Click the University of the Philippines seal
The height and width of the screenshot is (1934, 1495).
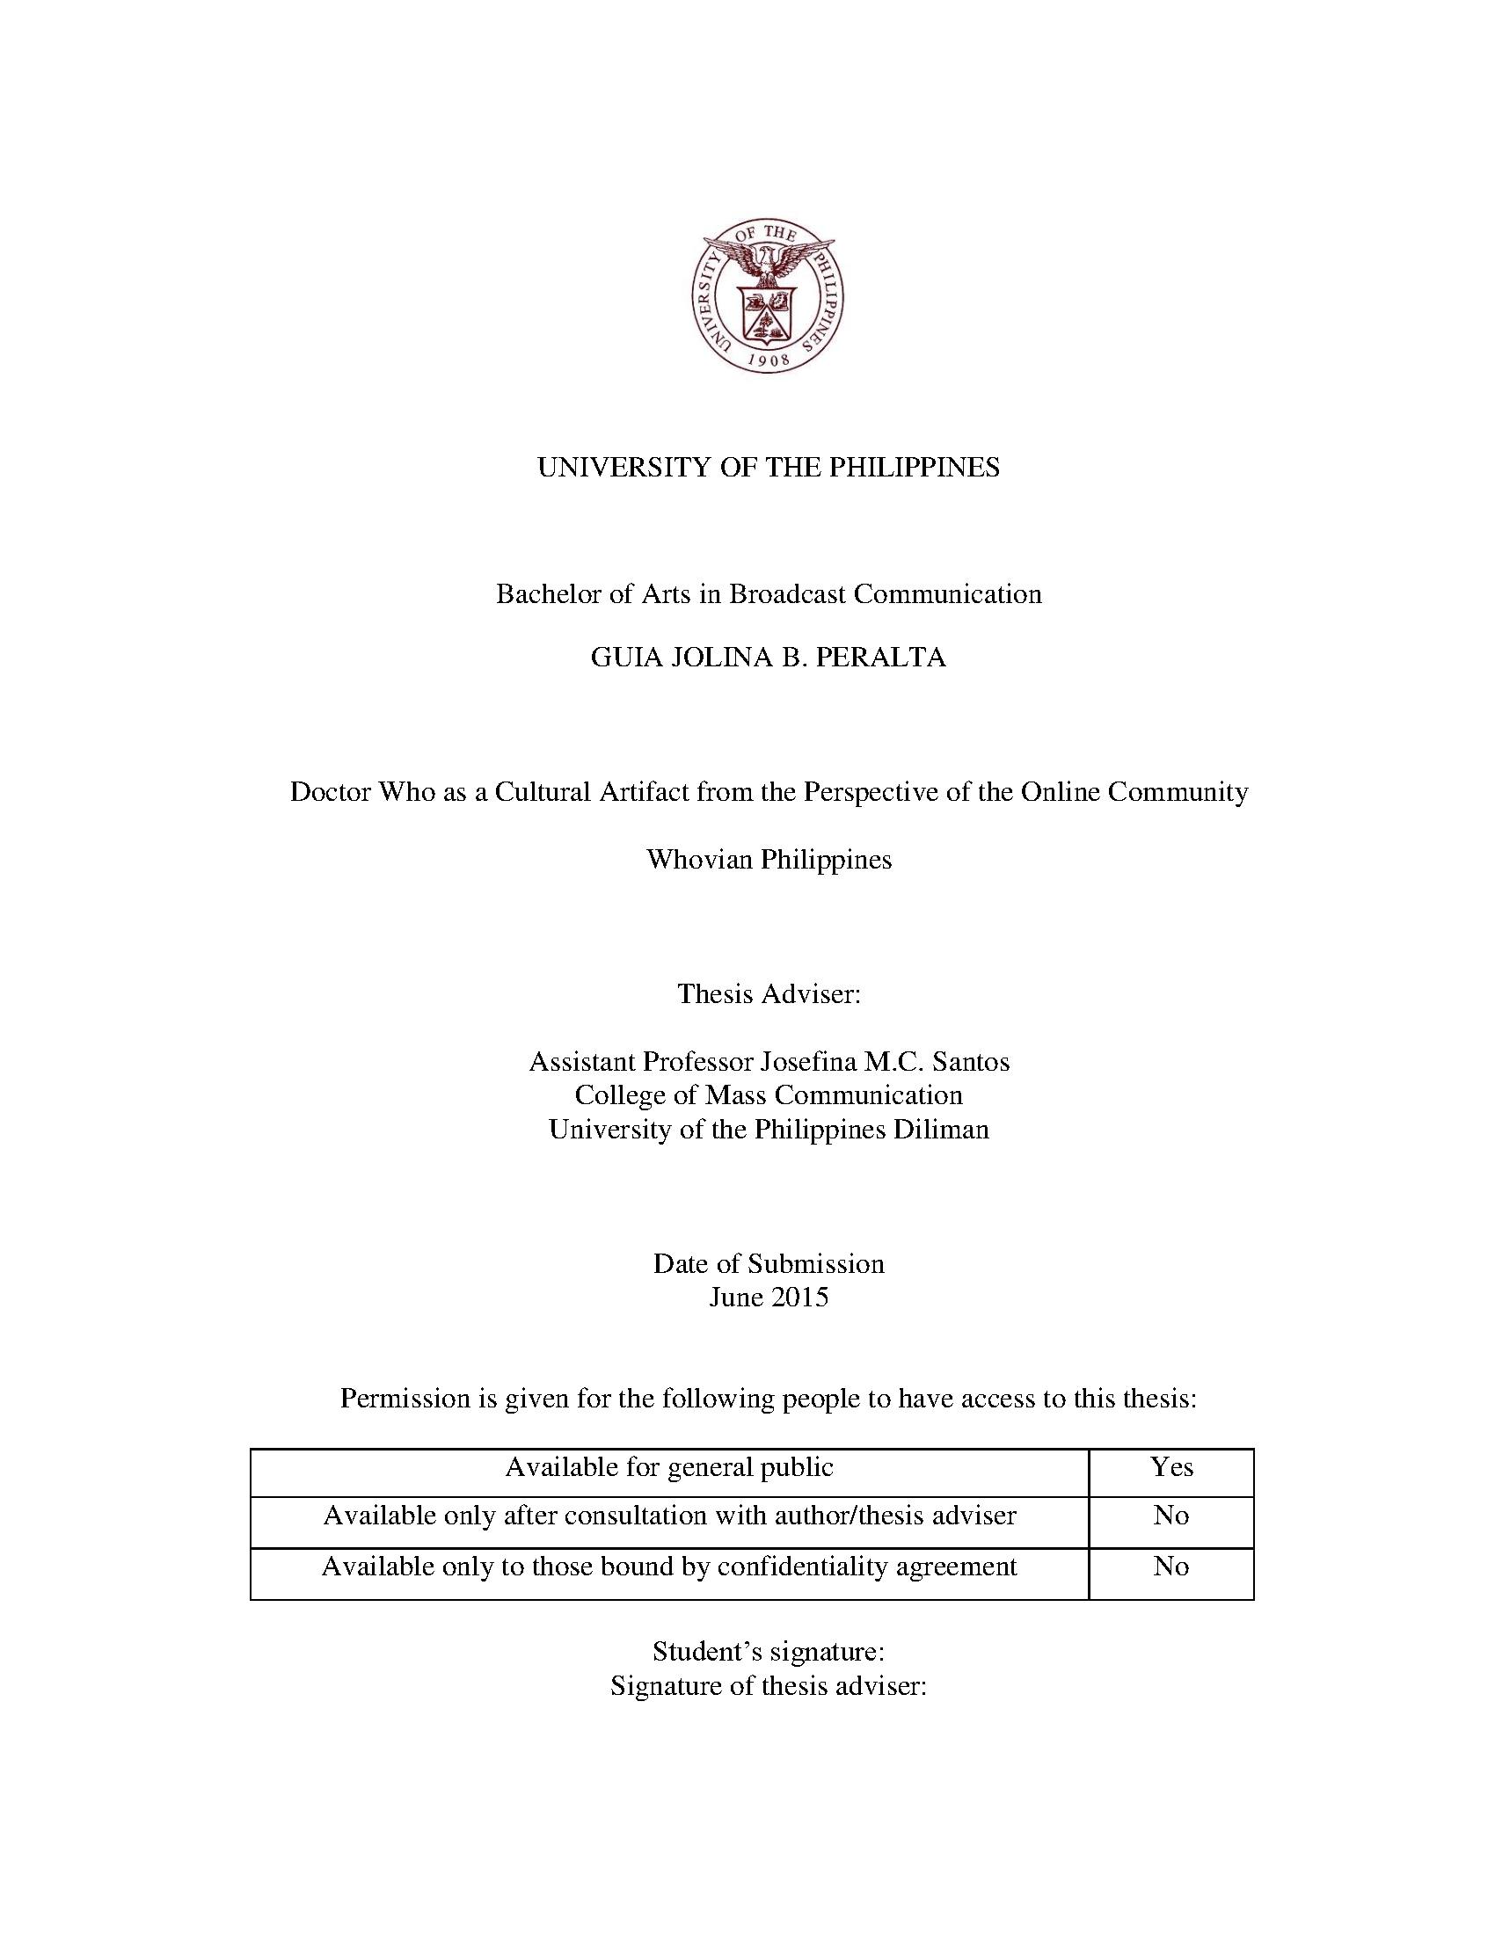click(767, 296)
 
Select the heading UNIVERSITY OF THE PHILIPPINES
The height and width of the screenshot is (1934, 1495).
click(768, 467)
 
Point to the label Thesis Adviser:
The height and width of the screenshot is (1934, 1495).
click(769, 993)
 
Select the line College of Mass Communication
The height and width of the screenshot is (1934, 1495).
click(768, 1095)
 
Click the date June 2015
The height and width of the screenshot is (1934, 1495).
click(768, 1298)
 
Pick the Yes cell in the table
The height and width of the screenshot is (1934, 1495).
click(1170, 1467)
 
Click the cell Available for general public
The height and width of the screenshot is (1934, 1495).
click(668, 1467)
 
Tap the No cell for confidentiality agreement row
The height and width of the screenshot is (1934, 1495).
click(1170, 1567)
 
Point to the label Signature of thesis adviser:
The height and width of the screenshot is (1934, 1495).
click(768, 1685)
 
